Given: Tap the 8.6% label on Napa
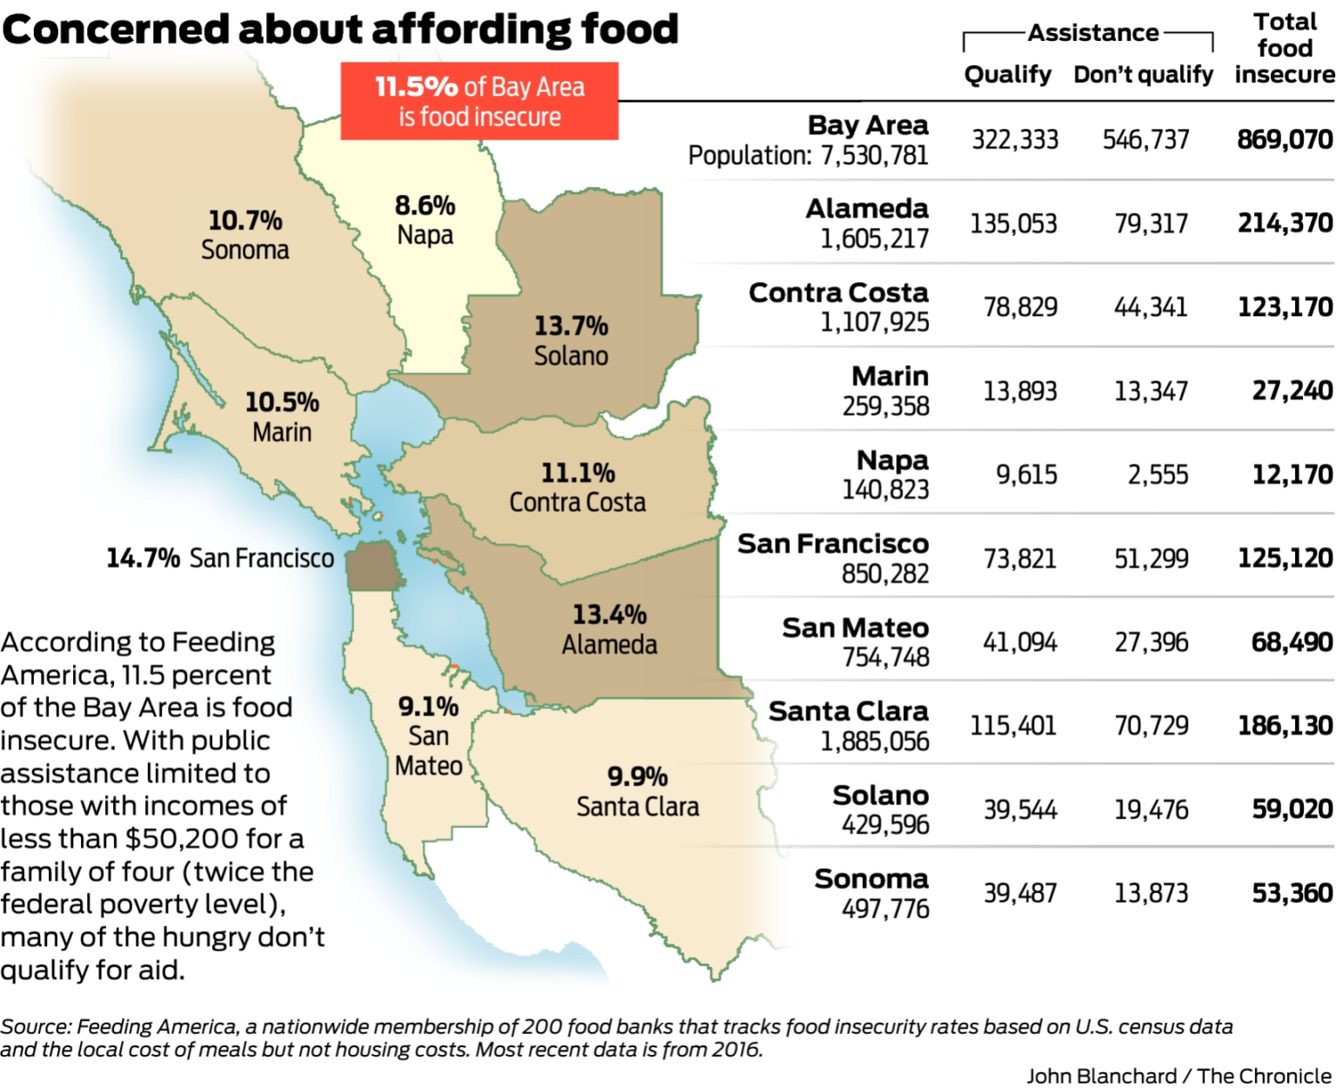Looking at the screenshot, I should pos(425,206).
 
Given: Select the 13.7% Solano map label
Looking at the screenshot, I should pos(571,326).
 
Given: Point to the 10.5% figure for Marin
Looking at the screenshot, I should pos(282,402).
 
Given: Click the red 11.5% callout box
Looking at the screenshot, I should pos(479,101).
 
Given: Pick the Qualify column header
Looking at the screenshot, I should pos(1008,75).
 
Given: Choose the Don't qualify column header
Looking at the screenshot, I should pos(1143,75).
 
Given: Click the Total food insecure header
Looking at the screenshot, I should pos(1285,49).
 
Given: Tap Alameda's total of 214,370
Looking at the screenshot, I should pos(1285,224).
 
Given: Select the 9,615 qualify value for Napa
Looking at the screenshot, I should pos(1026,475).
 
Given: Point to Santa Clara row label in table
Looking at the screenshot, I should pos(848,711).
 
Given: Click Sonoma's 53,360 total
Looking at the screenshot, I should pos(1292,893).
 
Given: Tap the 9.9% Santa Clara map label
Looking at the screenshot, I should pos(638,776).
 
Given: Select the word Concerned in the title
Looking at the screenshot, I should pos(117,30).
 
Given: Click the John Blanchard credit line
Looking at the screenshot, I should pos(1179,1076).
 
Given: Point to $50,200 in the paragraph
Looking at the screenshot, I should pos(182,838).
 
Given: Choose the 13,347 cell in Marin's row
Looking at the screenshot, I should pos(1151,392).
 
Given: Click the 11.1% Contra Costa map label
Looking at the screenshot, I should pos(578,473).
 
